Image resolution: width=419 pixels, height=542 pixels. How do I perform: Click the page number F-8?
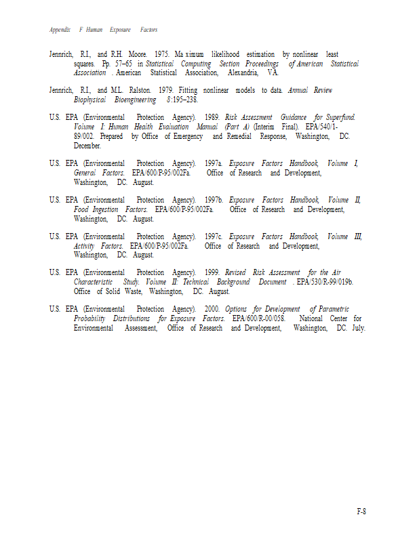pos(361,512)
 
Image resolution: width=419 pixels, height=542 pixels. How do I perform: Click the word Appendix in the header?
pos(60,30)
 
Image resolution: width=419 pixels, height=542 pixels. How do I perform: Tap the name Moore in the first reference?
pos(136,54)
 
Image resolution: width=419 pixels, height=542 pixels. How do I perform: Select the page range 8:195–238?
pos(182,100)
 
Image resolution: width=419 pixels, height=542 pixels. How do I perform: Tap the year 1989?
pos(212,118)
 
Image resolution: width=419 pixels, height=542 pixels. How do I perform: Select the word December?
pos(87,146)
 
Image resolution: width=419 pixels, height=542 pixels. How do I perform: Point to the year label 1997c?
pos(214,237)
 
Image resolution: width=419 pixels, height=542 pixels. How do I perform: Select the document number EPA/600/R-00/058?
pos(259,319)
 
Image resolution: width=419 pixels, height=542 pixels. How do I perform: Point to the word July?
pos(359,329)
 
